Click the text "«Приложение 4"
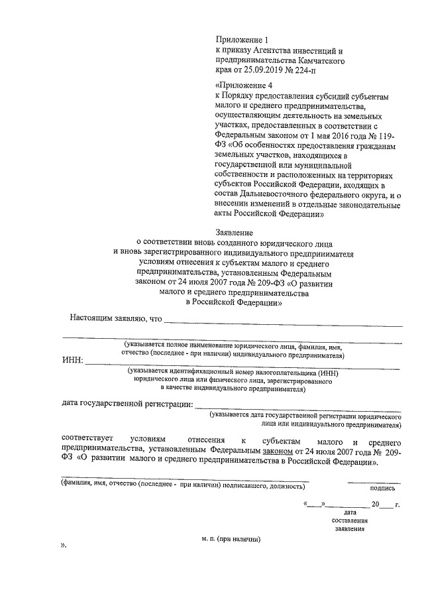point(244,86)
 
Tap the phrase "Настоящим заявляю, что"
point(116,318)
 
